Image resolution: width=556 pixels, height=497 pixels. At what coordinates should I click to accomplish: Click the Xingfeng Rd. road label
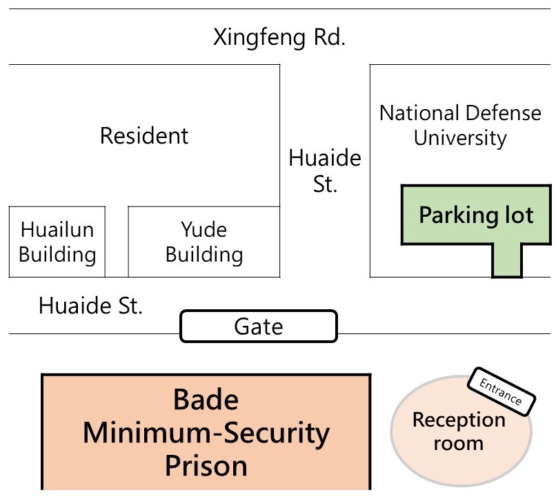click(279, 37)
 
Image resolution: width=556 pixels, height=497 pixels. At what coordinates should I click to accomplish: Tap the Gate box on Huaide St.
click(259, 327)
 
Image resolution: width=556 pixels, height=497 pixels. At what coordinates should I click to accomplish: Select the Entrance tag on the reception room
click(502, 391)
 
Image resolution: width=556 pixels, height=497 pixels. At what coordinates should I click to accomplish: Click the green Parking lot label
click(476, 215)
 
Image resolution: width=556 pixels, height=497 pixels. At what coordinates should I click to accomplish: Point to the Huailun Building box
click(57, 242)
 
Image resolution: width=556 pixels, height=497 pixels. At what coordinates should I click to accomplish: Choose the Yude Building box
click(204, 242)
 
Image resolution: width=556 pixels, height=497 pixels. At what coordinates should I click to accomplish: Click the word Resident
click(144, 135)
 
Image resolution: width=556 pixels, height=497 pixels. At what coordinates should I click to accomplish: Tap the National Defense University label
click(460, 125)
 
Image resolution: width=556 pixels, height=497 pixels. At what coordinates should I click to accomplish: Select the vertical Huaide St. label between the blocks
click(324, 171)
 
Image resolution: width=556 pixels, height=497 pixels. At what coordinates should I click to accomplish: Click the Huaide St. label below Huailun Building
click(90, 305)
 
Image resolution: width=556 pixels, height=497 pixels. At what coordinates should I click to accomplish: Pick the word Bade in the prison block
click(206, 400)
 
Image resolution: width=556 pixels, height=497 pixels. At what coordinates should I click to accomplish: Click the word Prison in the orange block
click(206, 466)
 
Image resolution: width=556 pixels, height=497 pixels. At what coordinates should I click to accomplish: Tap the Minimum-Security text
click(206, 433)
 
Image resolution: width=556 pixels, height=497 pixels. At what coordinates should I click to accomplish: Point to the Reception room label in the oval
click(459, 431)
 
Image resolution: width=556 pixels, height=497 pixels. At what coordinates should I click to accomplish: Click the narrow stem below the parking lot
click(506, 262)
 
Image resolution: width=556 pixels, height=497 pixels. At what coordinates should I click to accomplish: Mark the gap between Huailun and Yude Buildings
click(117, 242)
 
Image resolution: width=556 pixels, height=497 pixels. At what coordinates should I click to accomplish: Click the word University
click(460, 137)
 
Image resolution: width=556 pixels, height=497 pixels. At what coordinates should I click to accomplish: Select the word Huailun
click(57, 229)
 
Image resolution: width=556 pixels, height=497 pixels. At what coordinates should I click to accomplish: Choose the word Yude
click(204, 229)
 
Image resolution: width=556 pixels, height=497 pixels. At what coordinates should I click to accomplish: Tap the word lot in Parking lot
click(515, 215)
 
